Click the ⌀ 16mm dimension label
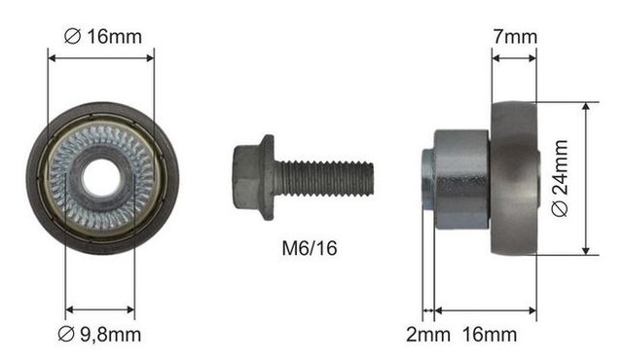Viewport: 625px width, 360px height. pyautogui.click(x=103, y=37)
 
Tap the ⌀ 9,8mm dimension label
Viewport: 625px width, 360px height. pyautogui.click(x=99, y=334)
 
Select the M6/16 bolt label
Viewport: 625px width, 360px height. pyautogui.click(x=310, y=248)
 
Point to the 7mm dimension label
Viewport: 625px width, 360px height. pyautogui.click(x=515, y=37)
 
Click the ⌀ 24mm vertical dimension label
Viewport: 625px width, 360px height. pyautogui.click(x=561, y=178)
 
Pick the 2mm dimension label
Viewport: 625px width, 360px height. pyautogui.click(x=428, y=334)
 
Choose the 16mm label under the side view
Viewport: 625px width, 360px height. pyautogui.click(x=490, y=334)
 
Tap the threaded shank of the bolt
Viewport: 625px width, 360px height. pyautogui.click(x=324, y=178)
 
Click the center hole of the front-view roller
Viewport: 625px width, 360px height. pyautogui.click(x=101, y=178)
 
